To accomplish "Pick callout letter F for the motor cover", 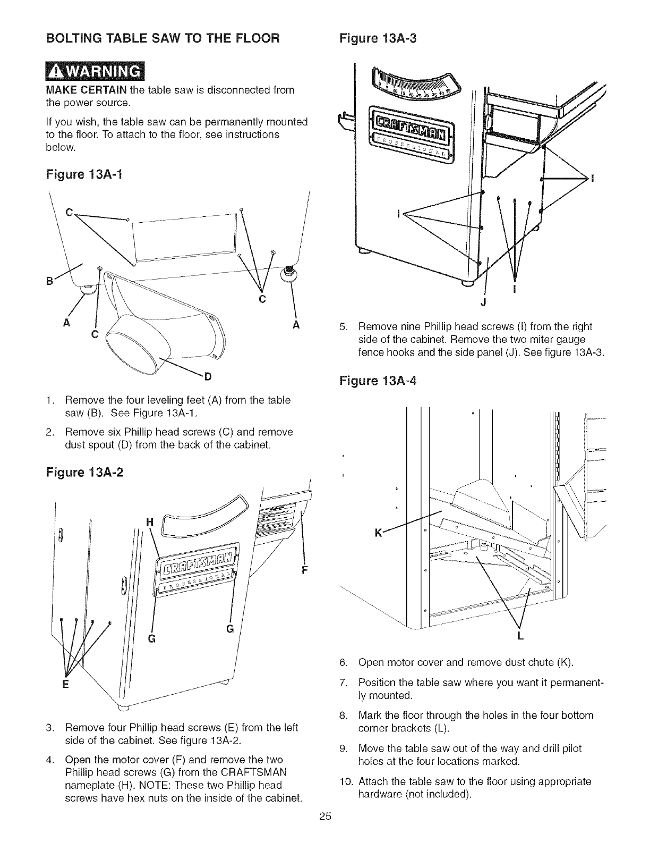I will point(305,571).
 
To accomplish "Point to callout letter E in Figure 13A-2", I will point(65,685).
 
